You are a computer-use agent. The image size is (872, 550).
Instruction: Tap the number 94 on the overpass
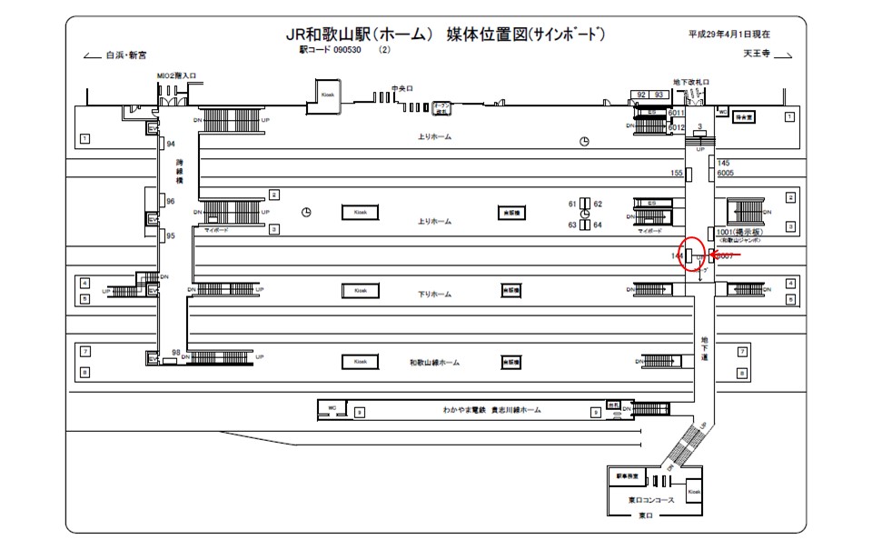coord(170,144)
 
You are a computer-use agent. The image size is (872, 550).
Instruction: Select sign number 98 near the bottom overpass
coord(175,353)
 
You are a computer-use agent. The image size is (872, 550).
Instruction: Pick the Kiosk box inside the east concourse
coord(695,491)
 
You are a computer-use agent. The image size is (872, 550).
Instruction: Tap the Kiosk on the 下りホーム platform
coord(360,291)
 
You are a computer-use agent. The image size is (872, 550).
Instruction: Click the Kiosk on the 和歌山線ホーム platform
coord(360,362)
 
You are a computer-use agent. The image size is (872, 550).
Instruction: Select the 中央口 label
coord(401,89)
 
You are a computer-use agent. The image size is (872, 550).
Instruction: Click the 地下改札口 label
coord(690,82)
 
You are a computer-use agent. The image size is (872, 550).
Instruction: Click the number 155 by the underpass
coord(676,173)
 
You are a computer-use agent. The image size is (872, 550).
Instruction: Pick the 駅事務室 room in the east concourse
coord(628,476)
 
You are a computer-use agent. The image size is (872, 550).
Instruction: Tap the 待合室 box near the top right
coord(746,117)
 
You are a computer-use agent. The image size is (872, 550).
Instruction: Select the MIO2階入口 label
coord(176,76)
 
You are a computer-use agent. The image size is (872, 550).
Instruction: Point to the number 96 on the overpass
coord(170,202)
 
